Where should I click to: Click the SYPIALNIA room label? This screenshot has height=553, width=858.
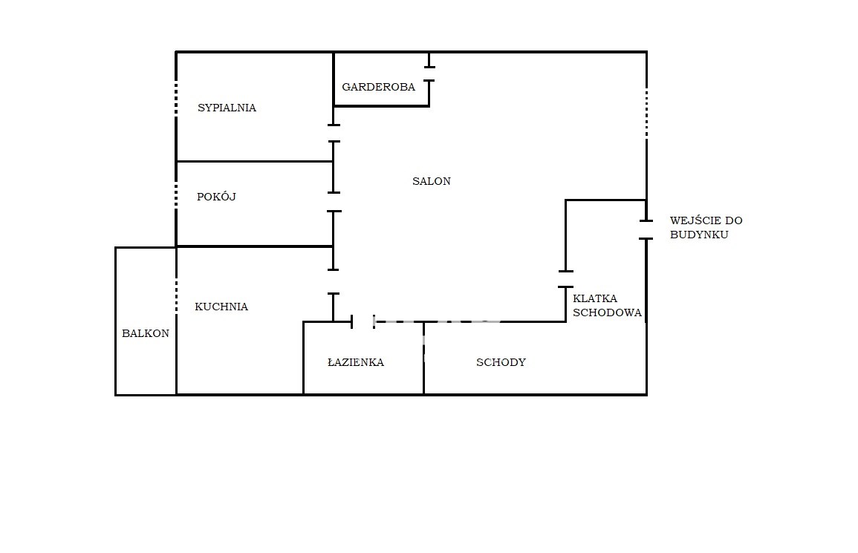[x=227, y=108]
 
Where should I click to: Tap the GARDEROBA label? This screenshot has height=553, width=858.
[x=379, y=87]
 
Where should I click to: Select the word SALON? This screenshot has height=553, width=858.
[x=431, y=181]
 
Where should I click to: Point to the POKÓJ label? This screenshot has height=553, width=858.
[x=216, y=197]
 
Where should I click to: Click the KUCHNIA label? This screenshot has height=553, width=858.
[x=221, y=307]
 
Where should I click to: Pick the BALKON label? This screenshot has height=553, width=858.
[x=146, y=333]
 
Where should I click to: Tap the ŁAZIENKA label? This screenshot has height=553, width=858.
[x=356, y=362]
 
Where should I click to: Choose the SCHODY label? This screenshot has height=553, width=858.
[x=501, y=362]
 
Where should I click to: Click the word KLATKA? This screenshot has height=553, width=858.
[x=595, y=298]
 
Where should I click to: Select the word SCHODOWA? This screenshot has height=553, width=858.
[x=607, y=313]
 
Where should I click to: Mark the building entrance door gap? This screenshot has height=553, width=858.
[x=646, y=229]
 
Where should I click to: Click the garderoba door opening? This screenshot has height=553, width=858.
[x=429, y=73]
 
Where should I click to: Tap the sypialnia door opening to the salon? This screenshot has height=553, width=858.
[x=334, y=133]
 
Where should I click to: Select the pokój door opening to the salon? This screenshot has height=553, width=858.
[x=334, y=202]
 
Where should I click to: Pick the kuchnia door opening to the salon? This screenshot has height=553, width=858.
[x=334, y=282]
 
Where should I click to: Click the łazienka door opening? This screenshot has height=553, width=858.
[x=363, y=321]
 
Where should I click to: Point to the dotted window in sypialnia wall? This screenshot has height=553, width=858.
[x=175, y=99]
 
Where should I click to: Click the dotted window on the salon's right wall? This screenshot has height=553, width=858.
[x=646, y=114]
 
